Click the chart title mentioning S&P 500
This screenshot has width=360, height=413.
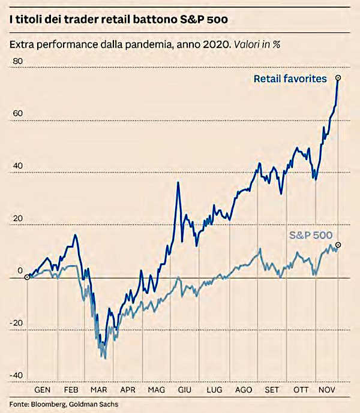(118, 20)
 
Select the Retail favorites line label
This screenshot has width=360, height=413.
(290, 79)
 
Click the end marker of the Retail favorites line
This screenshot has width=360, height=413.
(338, 78)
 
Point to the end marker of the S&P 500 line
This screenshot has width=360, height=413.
(338, 245)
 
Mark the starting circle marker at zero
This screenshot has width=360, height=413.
(27, 277)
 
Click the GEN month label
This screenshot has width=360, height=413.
(44, 389)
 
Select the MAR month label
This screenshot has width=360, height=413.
(99, 389)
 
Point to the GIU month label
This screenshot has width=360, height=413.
(184, 389)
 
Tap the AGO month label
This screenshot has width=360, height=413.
(244, 389)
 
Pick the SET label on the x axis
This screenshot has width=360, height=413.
(272, 389)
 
